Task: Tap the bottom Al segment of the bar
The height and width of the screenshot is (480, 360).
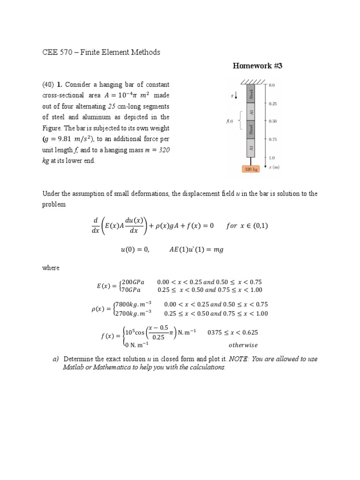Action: coord(251,148)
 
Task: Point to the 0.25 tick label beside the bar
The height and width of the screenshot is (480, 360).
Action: coord(273,104)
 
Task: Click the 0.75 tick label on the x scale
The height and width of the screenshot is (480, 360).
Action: coord(273,139)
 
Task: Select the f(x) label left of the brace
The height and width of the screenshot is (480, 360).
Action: coord(230,120)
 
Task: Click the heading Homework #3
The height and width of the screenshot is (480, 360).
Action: coord(257,66)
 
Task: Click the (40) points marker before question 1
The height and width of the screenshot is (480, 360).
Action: coord(49,85)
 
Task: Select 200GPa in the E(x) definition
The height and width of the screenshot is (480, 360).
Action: coord(133,282)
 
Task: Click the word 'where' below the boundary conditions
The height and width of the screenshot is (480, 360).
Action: coord(51,268)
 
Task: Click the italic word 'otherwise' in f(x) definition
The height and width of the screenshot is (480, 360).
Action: coord(243,345)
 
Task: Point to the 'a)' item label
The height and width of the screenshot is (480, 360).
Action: coord(55,359)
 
